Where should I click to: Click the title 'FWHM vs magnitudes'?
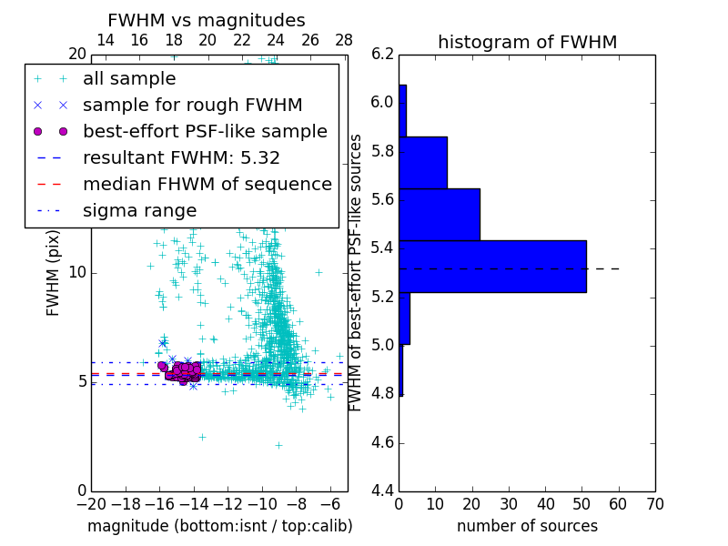tap(207, 21)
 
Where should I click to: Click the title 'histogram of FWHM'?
tap(527, 43)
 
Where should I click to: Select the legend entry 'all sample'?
tap(129, 79)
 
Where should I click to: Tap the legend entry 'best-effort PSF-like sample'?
tap(205, 132)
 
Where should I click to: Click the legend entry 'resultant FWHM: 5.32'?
tap(181, 158)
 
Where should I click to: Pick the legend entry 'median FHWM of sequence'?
tap(207, 185)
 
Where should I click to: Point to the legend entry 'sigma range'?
tap(139, 211)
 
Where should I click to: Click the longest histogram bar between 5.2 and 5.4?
tap(492, 267)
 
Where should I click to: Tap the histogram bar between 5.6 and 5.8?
tap(423, 163)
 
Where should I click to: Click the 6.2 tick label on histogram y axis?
tap(383, 54)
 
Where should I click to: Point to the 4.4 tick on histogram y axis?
tap(383, 491)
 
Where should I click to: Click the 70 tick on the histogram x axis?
tap(654, 504)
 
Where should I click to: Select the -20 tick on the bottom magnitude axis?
tap(91, 504)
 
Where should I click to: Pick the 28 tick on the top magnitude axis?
tap(344, 41)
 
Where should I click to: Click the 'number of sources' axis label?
tap(527, 526)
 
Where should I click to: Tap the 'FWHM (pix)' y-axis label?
tap(54, 273)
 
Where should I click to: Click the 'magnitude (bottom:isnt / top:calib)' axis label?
tap(219, 526)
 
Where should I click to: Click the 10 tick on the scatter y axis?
tap(77, 273)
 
